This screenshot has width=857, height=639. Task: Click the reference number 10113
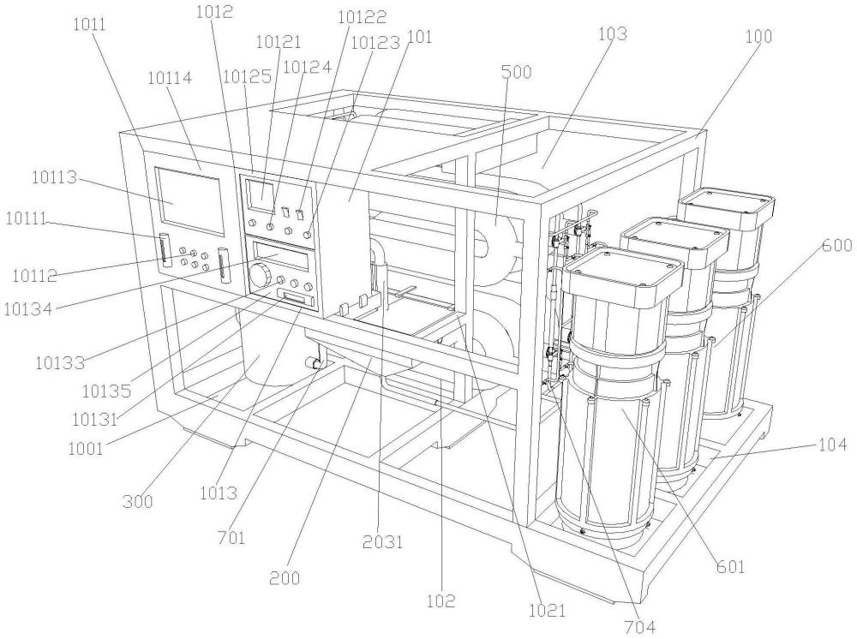click(x=54, y=178)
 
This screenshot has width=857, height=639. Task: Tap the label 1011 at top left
click(x=90, y=25)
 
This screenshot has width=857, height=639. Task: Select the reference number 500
click(x=516, y=72)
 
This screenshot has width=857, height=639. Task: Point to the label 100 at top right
click(x=759, y=37)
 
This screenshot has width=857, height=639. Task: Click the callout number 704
click(x=639, y=628)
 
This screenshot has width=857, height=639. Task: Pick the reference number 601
click(x=730, y=567)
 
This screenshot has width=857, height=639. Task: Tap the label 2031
click(x=383, y=542)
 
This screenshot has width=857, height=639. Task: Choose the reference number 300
click(x=137, y=501)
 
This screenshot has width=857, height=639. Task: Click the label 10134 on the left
click(x=27, y=310)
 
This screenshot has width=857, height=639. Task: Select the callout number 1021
click(x=547, y=610)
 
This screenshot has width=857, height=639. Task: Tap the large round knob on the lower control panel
click(x=261, y=273)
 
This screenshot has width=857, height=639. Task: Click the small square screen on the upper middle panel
click(x=261, y=197)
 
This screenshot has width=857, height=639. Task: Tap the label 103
click(x=612, y=34)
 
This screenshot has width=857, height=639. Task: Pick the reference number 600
click(x=836, y=245)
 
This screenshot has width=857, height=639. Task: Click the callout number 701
click(x=231, y=539)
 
